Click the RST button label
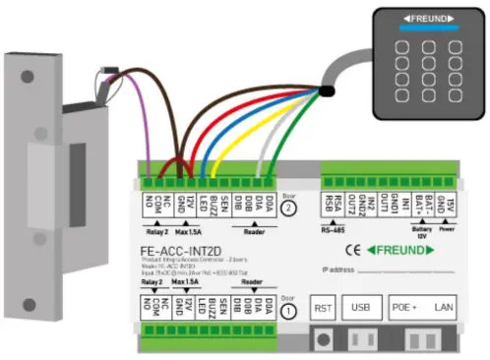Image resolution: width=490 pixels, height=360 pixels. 323,308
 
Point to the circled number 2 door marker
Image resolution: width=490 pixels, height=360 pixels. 288,209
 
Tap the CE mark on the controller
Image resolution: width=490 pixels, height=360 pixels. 367,250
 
